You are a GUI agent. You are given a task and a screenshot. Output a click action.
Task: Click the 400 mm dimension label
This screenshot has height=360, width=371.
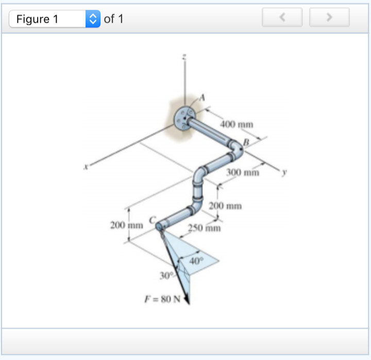tap(237, 124)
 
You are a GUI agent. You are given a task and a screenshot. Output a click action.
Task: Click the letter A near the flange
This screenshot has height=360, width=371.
tap(202, 96)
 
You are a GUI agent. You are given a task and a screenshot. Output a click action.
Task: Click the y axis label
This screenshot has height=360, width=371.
tap(282, 172)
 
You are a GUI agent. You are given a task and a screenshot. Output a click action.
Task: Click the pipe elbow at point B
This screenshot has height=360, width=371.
tap(238, 148)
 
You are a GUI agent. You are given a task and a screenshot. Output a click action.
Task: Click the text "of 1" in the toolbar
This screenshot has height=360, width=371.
tap(113, 19)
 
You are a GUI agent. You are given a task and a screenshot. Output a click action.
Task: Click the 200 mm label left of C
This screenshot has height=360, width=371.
tap(126, 225)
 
